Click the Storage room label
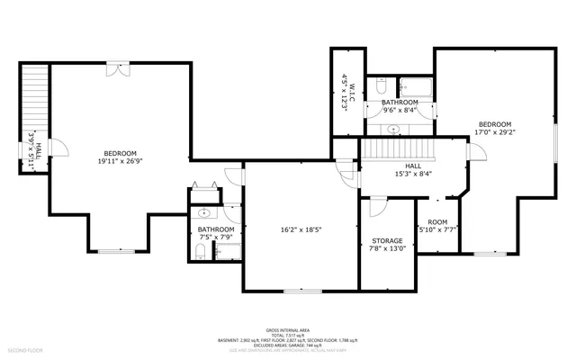(387, 241)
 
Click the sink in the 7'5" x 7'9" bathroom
(204, 214)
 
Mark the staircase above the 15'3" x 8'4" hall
(399, 148)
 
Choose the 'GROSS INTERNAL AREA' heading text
(287, 330)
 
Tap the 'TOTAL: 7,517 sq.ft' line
(287, 336)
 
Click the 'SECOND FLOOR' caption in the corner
(24, 349)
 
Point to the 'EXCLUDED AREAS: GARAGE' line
(287, 345)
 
